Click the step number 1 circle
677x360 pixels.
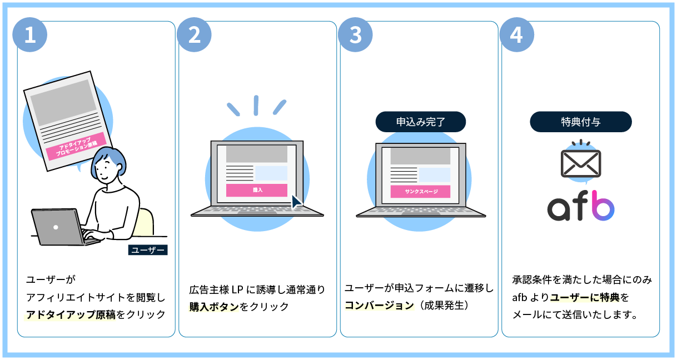coord(29,35)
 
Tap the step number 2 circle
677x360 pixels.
coord(194,35)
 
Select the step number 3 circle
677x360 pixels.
coord(356,35)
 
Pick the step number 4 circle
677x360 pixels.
coord(517,35)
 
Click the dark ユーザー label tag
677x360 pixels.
coord(147,250)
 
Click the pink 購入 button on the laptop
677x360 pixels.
coord(256,190)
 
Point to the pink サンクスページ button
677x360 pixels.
coord(420,192)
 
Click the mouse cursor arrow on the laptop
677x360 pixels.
coord(296,201)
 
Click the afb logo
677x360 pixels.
coord(580,205)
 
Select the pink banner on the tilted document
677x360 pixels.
coord(75,147)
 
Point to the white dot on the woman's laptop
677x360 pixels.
coord(56,227)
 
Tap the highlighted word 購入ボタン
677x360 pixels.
coord(214,307)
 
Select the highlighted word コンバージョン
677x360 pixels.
coord(379,306)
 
